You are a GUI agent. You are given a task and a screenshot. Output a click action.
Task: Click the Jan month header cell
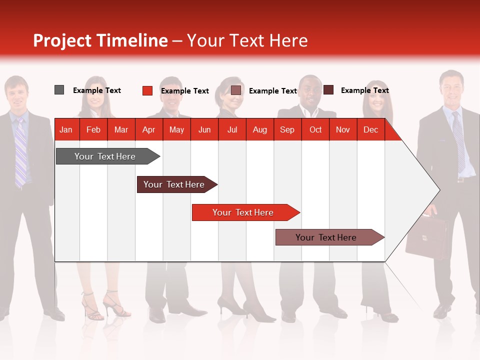pos(66,129)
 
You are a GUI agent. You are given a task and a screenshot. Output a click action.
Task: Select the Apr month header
pos(148,129)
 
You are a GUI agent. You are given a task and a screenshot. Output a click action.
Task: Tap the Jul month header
pos(232,129)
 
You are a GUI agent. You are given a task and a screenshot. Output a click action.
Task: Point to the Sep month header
pos(287,129)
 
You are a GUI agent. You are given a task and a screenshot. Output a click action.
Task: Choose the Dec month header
pos(370,129)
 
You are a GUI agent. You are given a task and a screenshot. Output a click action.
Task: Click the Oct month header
pos(315,129)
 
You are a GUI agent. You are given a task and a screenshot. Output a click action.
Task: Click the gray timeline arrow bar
pos(105,156)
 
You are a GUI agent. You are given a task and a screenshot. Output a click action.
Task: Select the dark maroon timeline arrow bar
pos(174,184)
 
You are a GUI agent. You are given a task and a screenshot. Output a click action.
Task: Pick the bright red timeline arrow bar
pos(243,212)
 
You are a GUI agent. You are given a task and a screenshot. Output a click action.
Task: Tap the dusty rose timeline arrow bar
pos(326,237)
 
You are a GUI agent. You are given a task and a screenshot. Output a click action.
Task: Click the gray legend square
pos(59,90)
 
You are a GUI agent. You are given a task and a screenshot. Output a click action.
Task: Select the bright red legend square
pos(147,90)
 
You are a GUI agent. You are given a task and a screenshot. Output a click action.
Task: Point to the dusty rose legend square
pos(236,90)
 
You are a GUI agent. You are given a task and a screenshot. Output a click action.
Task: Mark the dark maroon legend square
pos(328,90)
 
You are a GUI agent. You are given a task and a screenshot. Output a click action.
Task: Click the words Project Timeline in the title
pos(100,40)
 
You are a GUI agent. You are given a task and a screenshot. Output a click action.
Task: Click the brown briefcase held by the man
pos(426,237)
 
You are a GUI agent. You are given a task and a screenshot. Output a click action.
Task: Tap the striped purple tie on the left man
pos(20,152)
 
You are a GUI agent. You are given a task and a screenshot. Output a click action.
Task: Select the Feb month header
pos(93,129)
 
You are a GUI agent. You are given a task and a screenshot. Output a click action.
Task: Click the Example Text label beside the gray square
pos(97,90)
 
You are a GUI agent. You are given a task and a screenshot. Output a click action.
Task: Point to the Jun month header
pos(204,129)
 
